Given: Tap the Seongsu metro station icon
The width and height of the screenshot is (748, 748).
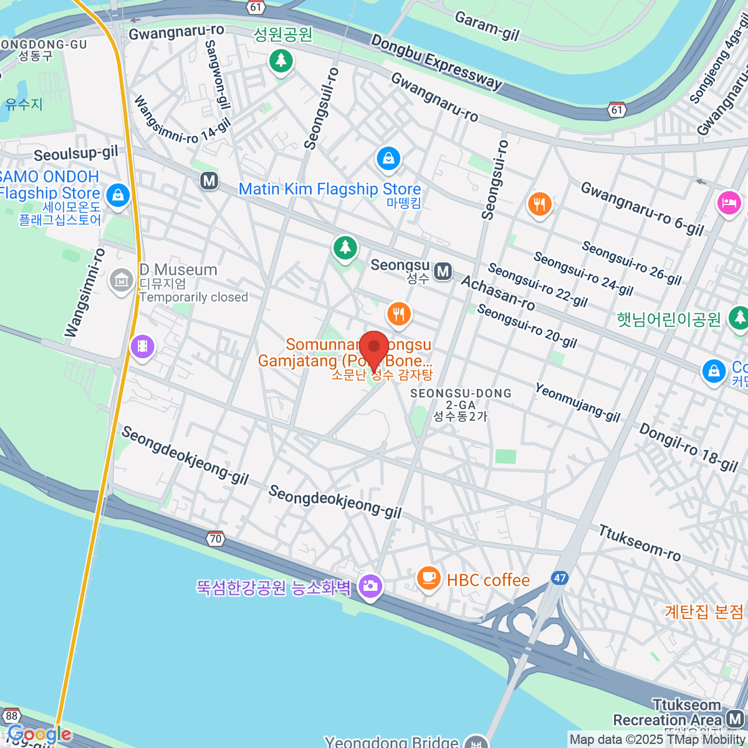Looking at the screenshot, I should [x=443, y=271].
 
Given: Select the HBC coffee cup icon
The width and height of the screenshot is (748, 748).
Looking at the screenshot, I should [x=428, y=578].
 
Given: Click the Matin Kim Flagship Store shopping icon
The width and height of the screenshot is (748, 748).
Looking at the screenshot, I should [x=388, y=158].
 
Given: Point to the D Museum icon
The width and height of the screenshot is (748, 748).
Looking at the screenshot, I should [x=122, y=281].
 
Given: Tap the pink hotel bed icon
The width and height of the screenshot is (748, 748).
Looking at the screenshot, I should [x=728, y=203].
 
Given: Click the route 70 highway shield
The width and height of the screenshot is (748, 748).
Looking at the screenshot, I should [x=216, y=539].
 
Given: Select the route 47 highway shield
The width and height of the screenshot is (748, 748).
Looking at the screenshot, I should [x=560, y=578].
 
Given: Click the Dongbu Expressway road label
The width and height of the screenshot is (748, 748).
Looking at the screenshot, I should [x=436, y=62].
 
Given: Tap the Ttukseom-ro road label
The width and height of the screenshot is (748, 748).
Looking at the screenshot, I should [x=640, y=542].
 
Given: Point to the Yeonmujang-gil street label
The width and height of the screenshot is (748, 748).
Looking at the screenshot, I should [x=577, y=402].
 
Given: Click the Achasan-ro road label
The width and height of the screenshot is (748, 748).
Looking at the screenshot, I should [x=497, y=292].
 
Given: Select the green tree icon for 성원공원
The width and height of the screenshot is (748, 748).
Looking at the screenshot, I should [x=281, y=60].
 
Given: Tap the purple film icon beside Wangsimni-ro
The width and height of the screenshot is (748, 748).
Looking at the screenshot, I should [x=143, y=346].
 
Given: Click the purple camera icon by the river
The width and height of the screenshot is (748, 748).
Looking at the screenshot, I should [x=370, y=586].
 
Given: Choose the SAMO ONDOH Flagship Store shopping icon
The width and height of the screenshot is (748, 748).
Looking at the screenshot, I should [x=117, y=195].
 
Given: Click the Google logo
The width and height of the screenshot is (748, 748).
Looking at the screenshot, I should [x=39, y=734].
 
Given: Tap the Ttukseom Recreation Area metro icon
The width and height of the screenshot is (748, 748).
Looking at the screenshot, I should [x=736, y=720].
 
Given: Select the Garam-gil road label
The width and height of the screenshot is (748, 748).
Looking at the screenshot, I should [x=487, y=26].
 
